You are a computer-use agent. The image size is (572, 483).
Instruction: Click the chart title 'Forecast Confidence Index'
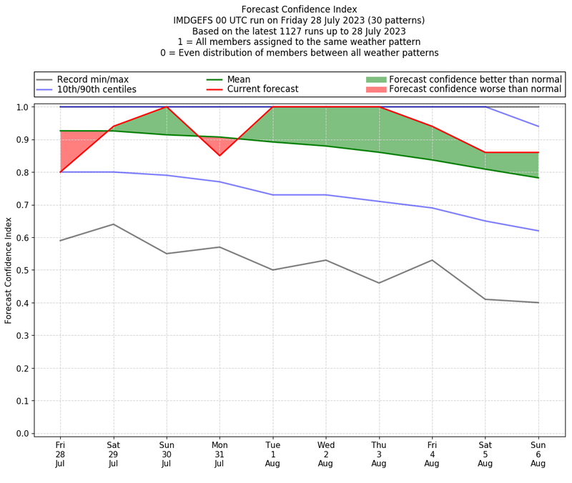(x=299, y=9)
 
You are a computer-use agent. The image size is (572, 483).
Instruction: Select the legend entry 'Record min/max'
(x=93, y=79)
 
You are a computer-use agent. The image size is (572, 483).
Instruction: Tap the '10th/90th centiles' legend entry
(x=97, y=89)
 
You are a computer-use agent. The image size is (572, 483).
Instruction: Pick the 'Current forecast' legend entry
(x=262, y=89)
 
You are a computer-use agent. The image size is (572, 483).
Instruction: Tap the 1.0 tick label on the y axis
(x=22, y=107)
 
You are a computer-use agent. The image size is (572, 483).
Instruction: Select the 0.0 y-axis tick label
(x=22, y=434)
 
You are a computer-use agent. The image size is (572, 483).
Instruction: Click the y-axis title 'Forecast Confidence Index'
(x=9, y=270)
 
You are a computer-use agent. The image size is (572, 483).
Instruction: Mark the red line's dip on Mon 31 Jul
(x=220, y=156)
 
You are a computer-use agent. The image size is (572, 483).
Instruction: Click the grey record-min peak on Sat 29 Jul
(x=113, y=224)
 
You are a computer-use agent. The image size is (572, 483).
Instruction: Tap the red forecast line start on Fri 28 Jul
(x=60, y=172)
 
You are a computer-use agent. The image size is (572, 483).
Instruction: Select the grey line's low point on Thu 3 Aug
(x=379, y=283)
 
